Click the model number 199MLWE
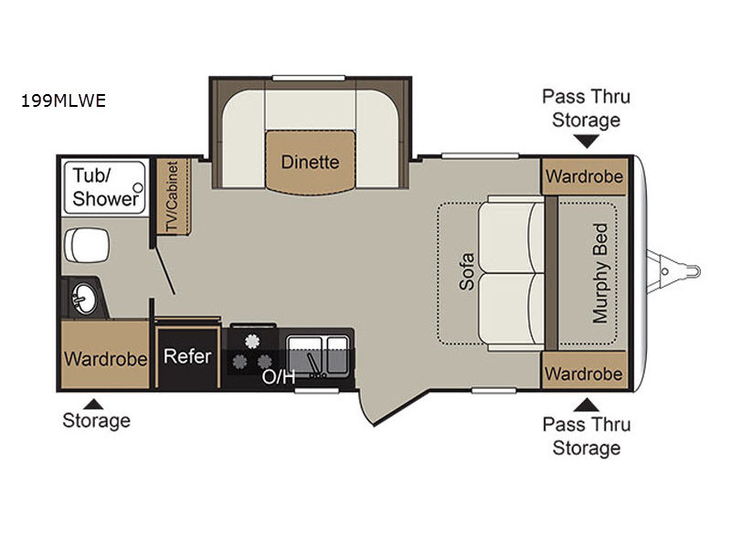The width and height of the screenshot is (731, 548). click(x=63, y=100)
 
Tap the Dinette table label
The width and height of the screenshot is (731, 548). click(x=310, y=163)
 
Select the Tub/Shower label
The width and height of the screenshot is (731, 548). click(x=105, y=187)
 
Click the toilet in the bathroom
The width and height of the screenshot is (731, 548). click(x=87, y=245)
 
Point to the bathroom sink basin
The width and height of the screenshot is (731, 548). click(x=84, y=299)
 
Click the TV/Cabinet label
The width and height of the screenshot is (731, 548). click(x=173, y=196)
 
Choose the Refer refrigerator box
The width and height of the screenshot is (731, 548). click(x=187, y=357)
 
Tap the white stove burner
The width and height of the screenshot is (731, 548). click(x=252, y=342)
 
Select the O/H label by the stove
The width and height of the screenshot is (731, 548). click(x=279, y=376)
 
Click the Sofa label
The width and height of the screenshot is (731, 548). click(x=467, y=271)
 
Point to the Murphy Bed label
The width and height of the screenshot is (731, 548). click(x=600, y=273)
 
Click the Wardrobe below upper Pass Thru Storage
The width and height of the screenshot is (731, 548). click(x=584, y=176)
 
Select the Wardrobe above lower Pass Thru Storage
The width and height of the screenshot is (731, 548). click(x=584, y=374)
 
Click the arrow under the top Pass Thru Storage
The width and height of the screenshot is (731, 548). click(x=586, y=141)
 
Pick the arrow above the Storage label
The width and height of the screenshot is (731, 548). click(x=93, y=404)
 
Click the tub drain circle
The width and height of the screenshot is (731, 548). click(x=138, y=188)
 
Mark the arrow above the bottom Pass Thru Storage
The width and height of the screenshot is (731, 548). click(x=586, y=405)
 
